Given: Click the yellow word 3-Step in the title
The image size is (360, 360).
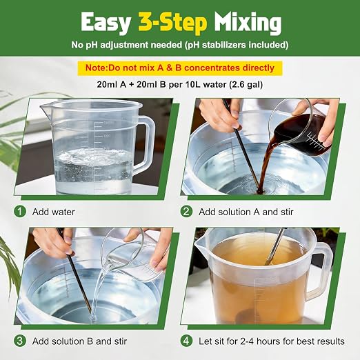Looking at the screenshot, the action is (172, 23).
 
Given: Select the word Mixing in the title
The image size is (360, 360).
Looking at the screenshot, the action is (248, 23).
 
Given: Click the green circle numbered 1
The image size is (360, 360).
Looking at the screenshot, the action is (20, 212).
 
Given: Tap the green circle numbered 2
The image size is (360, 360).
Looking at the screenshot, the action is (186, 212).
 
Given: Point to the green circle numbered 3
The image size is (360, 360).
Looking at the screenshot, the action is (20, 341).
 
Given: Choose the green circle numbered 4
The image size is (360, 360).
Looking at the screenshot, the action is (186, 341).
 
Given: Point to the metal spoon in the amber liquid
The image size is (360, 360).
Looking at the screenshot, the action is (276, 246).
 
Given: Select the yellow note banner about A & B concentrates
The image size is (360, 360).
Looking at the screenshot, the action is (180, 68).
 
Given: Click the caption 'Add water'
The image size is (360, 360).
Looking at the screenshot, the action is (54, 212).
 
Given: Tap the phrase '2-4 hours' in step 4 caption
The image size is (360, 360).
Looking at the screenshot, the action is (259, 341).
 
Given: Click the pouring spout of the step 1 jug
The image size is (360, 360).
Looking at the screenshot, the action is (45, 106).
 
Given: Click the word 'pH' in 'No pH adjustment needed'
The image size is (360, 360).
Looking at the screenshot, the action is (92, 45).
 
